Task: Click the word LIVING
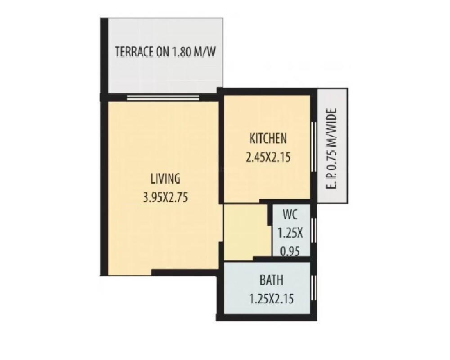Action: [165, 179]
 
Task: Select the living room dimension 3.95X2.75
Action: [165, 197]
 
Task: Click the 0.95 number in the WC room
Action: [291, 251]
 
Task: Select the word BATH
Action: [272, 280]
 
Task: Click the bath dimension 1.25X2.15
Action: [272, 298]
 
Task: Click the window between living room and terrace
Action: [163, 97]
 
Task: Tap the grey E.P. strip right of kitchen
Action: [333, 189]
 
